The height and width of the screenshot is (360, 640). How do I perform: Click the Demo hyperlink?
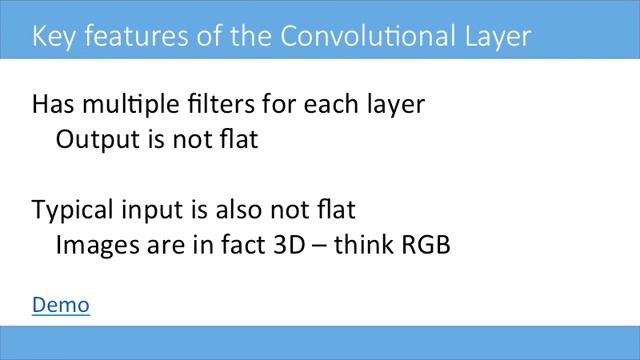point(61,305)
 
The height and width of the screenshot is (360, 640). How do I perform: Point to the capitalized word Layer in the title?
point(492,38)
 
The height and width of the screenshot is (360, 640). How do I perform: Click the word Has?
point(53,104)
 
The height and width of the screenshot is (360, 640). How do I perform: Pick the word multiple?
point(130,105)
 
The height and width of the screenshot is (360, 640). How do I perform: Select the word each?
point(335,104)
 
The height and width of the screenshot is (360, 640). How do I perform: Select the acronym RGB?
point(424,244)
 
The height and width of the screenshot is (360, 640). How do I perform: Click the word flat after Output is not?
point(240,139)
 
